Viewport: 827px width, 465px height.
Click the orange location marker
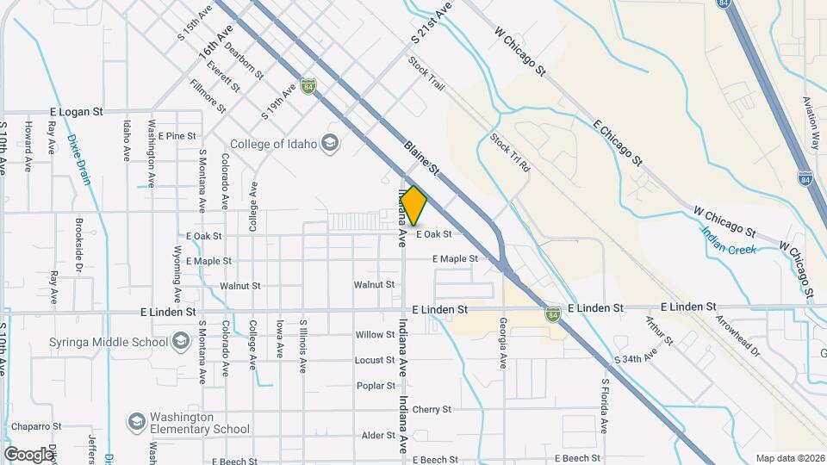click(414, 207)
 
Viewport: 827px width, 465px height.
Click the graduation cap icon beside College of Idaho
click(329, 143)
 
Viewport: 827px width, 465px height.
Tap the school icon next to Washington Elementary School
click(136, 422)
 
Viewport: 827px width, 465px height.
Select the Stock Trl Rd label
click(510, 154)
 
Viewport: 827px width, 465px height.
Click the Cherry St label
click(432, 409)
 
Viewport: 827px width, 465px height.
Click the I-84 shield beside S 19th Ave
click(308, 86)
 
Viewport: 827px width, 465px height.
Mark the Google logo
click(28, 454)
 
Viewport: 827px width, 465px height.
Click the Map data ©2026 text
click(789, 458)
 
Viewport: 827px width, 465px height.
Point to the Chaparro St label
click(36, 426)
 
